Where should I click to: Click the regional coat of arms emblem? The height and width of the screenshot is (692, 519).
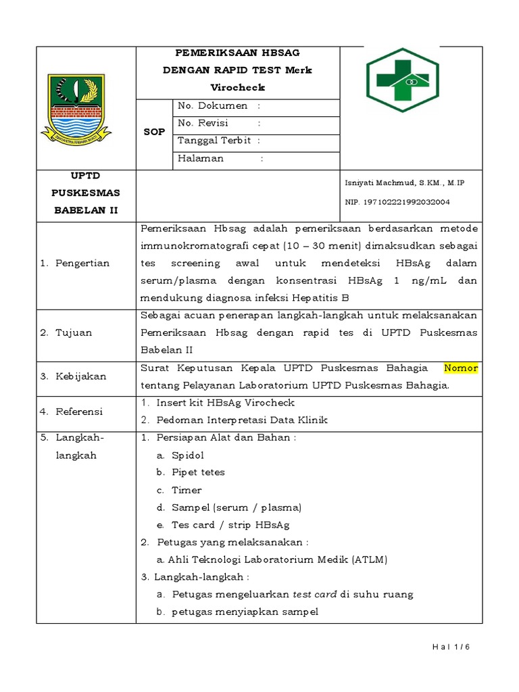point(75,107)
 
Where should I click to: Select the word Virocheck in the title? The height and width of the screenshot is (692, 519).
point(238,87)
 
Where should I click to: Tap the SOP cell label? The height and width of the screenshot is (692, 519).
point(154,132)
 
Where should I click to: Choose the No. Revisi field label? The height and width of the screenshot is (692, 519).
point(203,123)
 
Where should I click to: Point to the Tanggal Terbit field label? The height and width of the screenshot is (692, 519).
point(214,141)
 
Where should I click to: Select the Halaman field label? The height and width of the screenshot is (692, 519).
point(201,159)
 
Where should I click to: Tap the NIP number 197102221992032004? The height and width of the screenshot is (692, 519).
point(406,202)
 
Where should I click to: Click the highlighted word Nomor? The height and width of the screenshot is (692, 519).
point(461,368)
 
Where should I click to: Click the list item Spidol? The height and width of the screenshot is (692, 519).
point(187,455)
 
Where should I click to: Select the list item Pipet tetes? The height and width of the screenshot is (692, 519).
point(198,472)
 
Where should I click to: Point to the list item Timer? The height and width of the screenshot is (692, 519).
point(187,490)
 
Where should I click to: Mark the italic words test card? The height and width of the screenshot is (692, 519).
point(314,595)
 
